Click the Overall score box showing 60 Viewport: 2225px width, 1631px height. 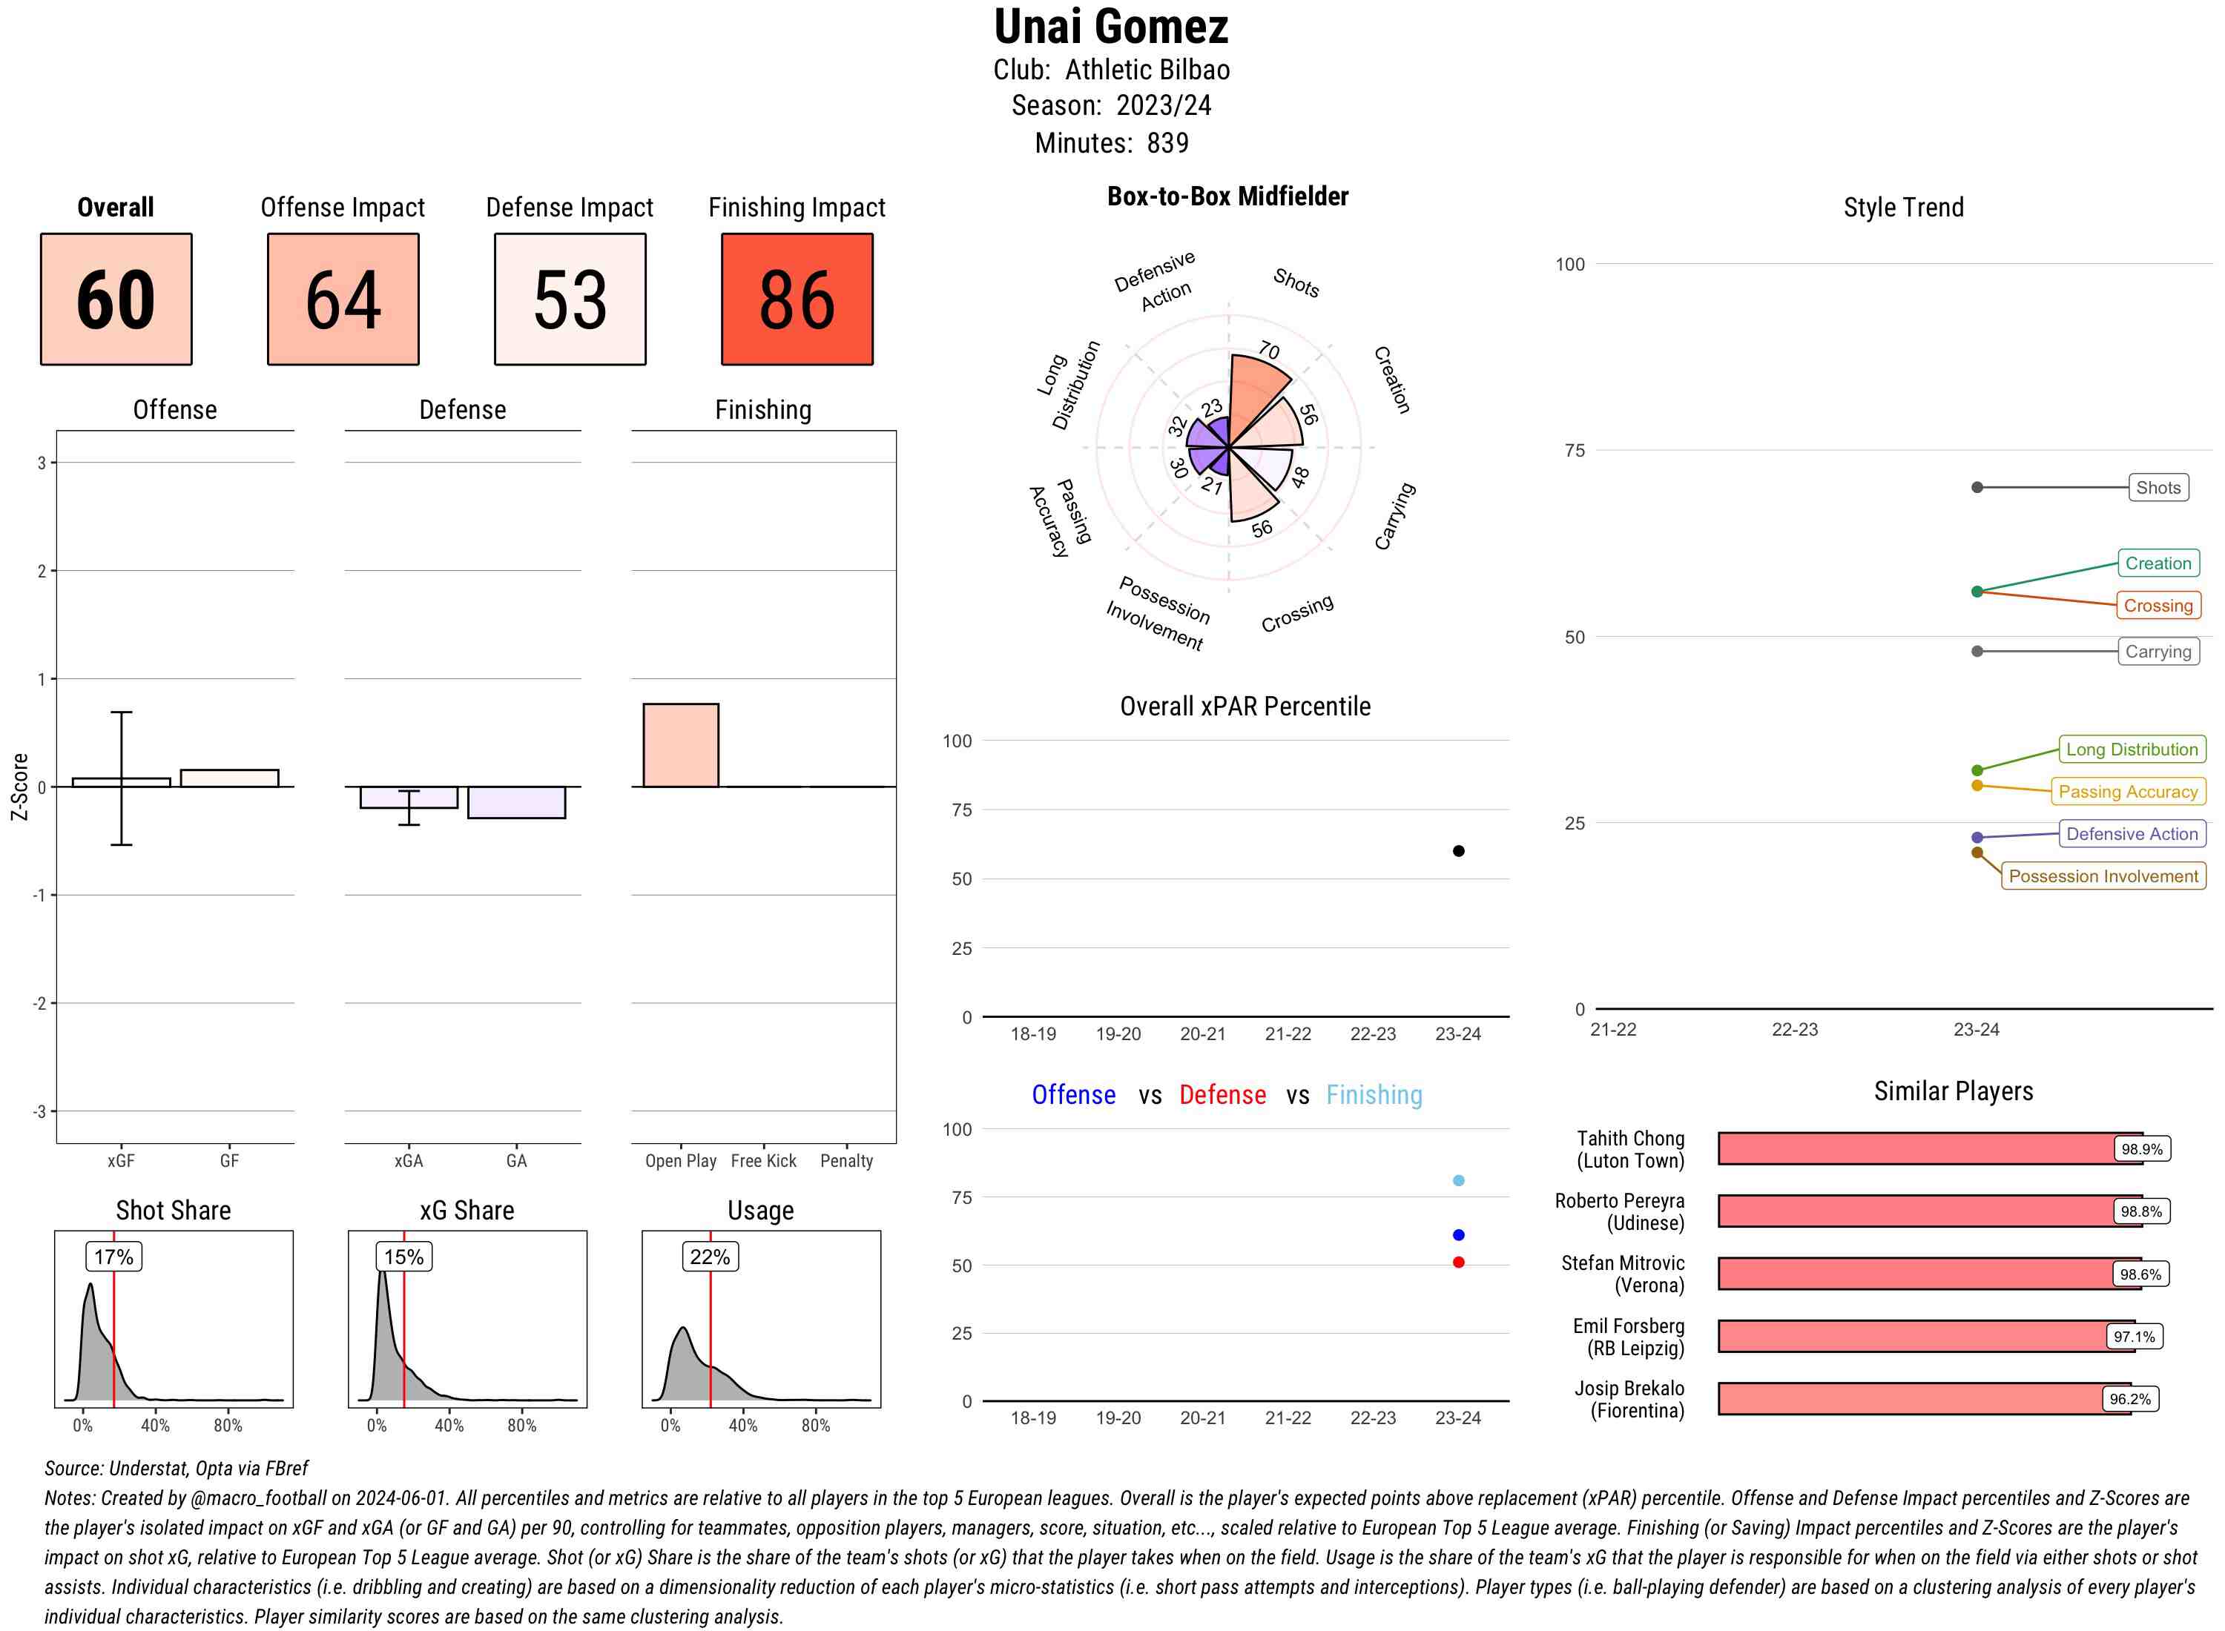[116, 300]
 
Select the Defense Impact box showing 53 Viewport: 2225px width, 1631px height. [570, 300]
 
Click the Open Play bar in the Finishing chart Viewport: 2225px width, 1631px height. [680, 745]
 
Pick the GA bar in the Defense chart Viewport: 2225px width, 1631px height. [516, 801]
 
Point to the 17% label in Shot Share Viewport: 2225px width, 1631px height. [113, 1257]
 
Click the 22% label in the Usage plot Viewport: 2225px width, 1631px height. [710, 1257]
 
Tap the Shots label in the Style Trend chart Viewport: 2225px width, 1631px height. [2158, 488]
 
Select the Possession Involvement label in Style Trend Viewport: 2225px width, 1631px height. [2103, 876]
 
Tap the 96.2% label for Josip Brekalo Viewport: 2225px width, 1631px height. [2129, 1399]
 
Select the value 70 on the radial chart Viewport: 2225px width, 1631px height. [1269, 351]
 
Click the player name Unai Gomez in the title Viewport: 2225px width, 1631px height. [1111, 27]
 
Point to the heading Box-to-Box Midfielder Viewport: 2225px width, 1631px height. [1227, 196]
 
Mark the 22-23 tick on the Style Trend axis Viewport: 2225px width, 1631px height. [1794, 1030]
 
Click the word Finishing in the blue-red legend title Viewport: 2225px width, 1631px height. [1374, 1095]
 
